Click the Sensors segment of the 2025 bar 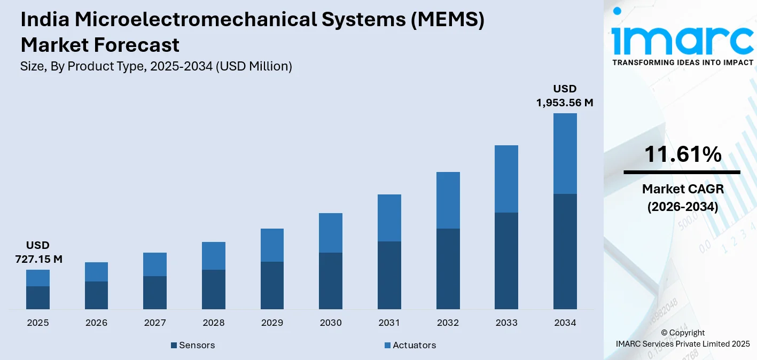tap(38, 298)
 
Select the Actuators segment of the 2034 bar tap(565, 153)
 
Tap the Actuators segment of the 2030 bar tap(331, 233)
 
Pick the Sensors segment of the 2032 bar tap(448, 269)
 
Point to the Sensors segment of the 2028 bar tap(214, 289)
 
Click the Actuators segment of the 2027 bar tap(155, 264)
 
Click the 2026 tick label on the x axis tap(96, 323)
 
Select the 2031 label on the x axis tap(389, 323)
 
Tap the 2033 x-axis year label tap(506, 323)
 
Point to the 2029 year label tap(272, 323)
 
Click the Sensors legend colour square tap(174, 346)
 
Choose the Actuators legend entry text tap(414, 345)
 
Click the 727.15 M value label tap(38, 260)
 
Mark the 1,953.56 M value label tap(565, 103)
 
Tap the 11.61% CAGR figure tap(682, 155)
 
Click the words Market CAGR tap(682, 189)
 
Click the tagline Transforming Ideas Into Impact tap(682, 62)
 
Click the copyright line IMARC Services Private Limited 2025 tap(682, 343)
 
